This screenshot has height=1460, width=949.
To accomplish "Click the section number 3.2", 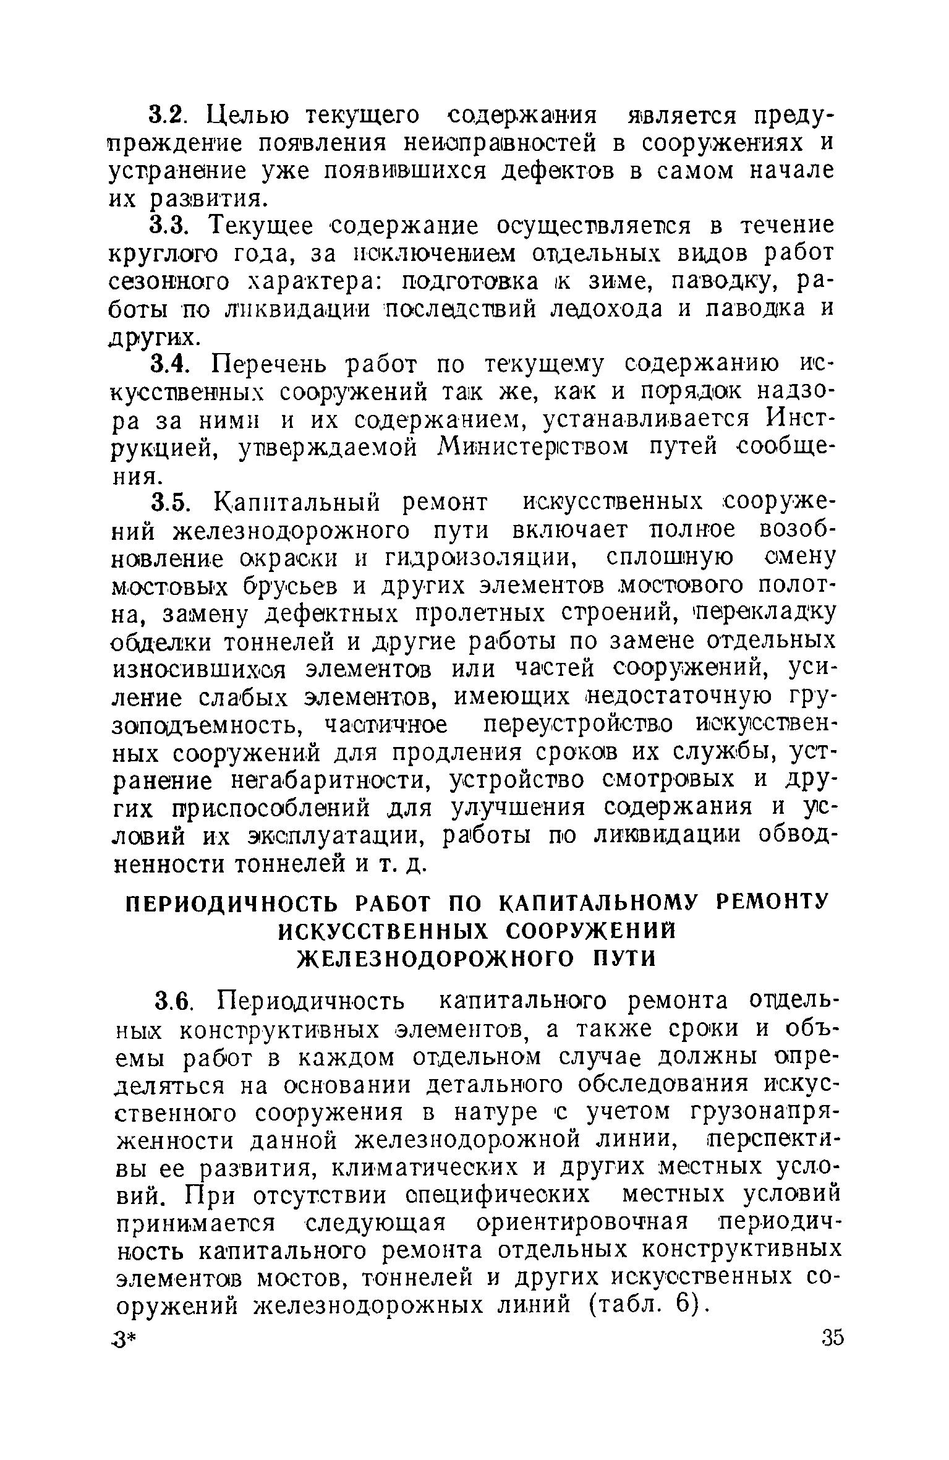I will (x=167, y=115).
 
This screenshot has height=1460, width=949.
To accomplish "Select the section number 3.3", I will (x=167, y=226).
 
